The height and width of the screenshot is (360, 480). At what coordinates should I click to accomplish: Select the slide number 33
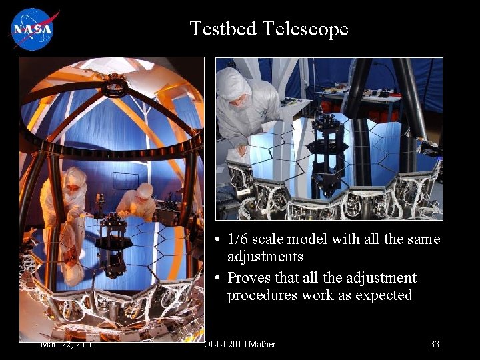[x=434, y=344]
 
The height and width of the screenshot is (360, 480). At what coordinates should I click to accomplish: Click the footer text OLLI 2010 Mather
[x=239, y=344]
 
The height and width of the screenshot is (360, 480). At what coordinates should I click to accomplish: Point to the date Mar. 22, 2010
[x=67, y=344]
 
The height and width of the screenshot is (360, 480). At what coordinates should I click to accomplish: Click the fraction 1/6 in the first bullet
[x=239, y=239]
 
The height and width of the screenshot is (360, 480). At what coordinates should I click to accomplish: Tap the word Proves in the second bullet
[x=249, y=278]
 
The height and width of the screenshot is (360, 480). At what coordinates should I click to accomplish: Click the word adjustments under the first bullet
[x=265, y=257]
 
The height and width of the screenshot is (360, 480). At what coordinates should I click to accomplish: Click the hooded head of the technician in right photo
[x=234, y=85]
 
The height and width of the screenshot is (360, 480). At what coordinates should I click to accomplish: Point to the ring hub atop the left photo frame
[x=115, y=85]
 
